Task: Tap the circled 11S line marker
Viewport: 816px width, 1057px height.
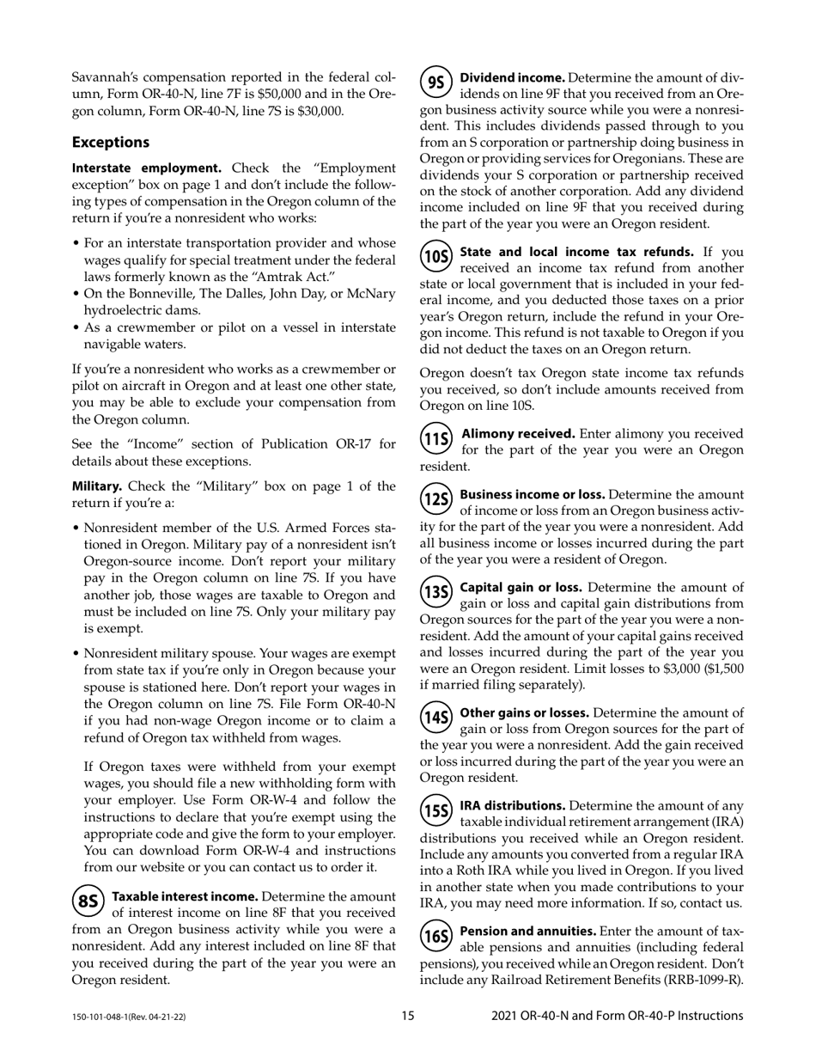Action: [436, 438]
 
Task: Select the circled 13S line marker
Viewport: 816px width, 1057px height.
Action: [436, 591]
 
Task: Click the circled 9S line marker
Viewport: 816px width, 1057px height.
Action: [436, 82]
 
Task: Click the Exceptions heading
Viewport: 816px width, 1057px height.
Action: [111, 142]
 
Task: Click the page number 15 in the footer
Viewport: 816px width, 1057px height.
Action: [407, 1016]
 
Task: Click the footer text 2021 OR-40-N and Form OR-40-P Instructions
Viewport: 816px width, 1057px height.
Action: [617, 1016]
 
